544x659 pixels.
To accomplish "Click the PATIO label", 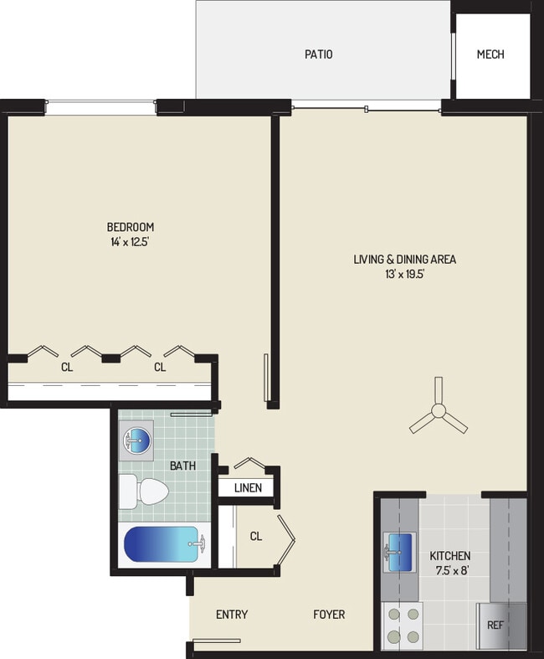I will [318, 54].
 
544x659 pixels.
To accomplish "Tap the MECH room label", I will [490, 54].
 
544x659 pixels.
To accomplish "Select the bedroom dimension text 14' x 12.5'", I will [130, 242].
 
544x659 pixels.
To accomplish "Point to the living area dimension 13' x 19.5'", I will [404, 274].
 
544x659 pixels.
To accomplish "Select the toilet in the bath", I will [138, 492].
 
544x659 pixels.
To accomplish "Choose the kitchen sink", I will [400, 552].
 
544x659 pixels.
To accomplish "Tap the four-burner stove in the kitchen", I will [401, 624].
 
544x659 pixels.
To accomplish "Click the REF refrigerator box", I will [496, 625].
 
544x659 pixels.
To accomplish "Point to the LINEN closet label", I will [248, 488].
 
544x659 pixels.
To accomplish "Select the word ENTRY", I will [232, 615].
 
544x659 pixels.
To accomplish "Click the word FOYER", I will [329, 615].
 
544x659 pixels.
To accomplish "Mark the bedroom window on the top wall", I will [100, 106].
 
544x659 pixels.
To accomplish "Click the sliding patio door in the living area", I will [367, 108].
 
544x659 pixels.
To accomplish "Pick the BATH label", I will [183, 465].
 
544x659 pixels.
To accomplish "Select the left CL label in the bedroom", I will [65, 367].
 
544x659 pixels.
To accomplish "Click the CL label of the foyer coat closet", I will [256, 537].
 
